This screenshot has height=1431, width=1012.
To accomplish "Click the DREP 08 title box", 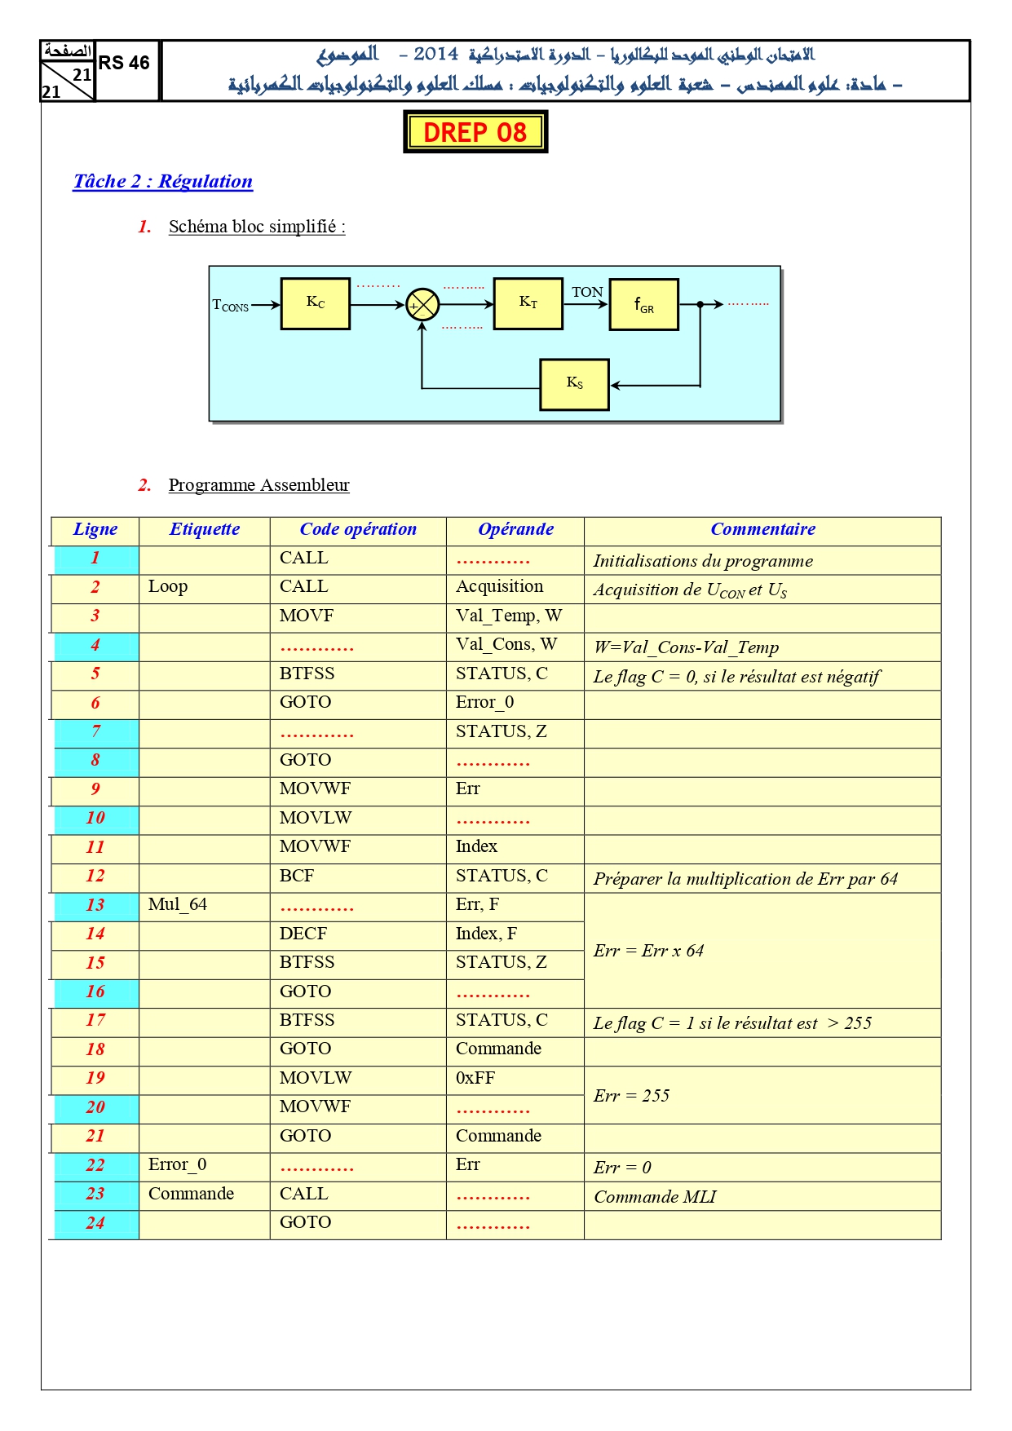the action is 475,132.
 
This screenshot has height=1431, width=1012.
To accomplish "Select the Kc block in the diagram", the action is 316,303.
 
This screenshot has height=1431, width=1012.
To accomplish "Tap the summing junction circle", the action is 422,305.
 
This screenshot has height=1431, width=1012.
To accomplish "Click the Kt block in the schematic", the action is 528,303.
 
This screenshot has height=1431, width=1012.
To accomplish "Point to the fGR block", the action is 644,305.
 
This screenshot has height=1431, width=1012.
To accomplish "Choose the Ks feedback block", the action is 575,384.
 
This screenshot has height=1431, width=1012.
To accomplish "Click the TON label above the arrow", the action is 587,292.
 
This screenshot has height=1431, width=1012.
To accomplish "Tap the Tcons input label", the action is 231,306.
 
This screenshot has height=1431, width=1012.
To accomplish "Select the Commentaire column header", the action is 763,529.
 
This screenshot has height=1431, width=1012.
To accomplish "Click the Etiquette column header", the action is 205,529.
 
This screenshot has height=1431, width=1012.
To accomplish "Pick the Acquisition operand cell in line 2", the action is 499,586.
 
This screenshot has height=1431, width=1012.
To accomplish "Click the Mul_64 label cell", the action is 178,904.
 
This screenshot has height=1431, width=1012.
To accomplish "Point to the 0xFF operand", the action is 475,1078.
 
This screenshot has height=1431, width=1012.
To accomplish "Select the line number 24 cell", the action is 95,1223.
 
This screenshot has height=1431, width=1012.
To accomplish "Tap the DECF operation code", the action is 303,934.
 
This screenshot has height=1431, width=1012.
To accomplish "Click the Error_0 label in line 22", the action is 177,1164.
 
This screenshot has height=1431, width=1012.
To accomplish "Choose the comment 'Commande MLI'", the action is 655,1197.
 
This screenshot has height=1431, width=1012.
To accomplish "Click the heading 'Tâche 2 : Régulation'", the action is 163,181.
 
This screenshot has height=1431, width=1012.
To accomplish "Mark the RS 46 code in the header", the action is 124,63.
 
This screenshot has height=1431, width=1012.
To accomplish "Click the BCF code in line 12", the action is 297,876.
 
